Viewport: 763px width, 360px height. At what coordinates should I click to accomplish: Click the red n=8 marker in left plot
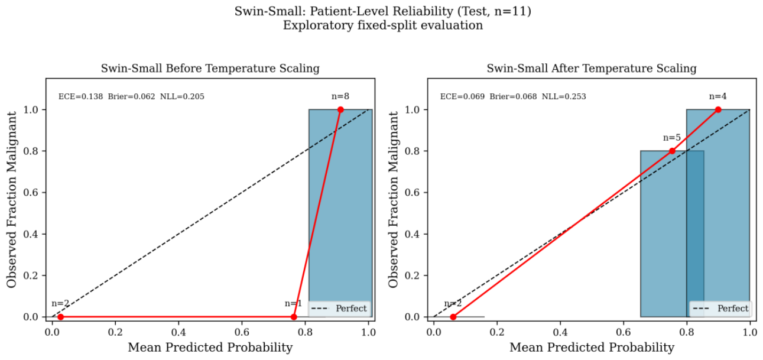340,110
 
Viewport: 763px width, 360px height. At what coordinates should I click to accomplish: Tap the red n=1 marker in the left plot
294,317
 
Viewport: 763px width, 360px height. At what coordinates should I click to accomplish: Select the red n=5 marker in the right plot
672,151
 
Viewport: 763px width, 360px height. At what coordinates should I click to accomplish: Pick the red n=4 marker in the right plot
718,110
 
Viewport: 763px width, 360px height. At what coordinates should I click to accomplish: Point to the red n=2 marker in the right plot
453,317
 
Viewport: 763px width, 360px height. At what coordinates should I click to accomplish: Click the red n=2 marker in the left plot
61,317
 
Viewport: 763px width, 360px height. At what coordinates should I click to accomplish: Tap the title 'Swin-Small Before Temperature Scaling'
210,69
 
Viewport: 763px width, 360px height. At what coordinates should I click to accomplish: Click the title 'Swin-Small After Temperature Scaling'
592,69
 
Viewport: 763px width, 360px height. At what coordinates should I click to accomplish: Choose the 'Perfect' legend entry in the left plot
339,309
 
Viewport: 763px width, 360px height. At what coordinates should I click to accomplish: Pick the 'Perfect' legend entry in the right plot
721,309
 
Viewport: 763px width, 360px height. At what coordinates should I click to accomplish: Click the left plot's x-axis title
210,348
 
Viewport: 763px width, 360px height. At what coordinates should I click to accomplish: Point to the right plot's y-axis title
393,200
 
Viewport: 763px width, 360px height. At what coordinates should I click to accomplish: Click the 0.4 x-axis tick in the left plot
178,332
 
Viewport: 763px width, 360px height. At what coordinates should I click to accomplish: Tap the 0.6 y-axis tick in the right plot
412,193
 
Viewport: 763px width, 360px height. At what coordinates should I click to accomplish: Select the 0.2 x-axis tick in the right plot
497,332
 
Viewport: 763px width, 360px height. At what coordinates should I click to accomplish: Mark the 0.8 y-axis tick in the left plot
30,151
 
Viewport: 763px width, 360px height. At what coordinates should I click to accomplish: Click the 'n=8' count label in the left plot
340,96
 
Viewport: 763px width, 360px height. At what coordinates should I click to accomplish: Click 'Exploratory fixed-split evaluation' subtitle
383,25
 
